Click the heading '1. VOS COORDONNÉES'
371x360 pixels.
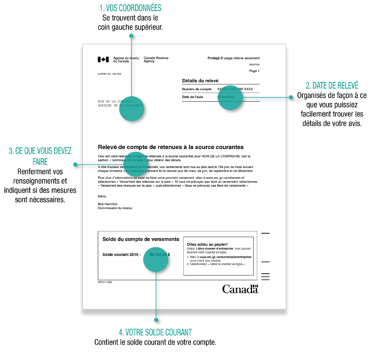[130, 8]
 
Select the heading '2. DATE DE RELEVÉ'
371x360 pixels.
[332, 85]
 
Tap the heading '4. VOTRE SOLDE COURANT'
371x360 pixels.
[155, 332]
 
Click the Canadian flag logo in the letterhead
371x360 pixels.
[103, 59]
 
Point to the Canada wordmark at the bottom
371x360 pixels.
[240, 289]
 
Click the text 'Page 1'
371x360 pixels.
[254, 71]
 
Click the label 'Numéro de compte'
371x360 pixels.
[197, 89]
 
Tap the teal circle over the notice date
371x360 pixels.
[231, 98]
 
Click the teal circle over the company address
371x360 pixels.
[132, 109]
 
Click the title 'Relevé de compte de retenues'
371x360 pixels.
[170, 147]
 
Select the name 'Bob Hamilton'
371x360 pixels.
[107, 204]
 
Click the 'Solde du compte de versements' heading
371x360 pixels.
[141, 239]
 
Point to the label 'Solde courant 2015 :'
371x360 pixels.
[121, 254]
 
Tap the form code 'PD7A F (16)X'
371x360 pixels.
[105, 282]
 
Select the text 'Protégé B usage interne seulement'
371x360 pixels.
[233, 58]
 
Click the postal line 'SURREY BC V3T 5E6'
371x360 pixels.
[109, 74]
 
